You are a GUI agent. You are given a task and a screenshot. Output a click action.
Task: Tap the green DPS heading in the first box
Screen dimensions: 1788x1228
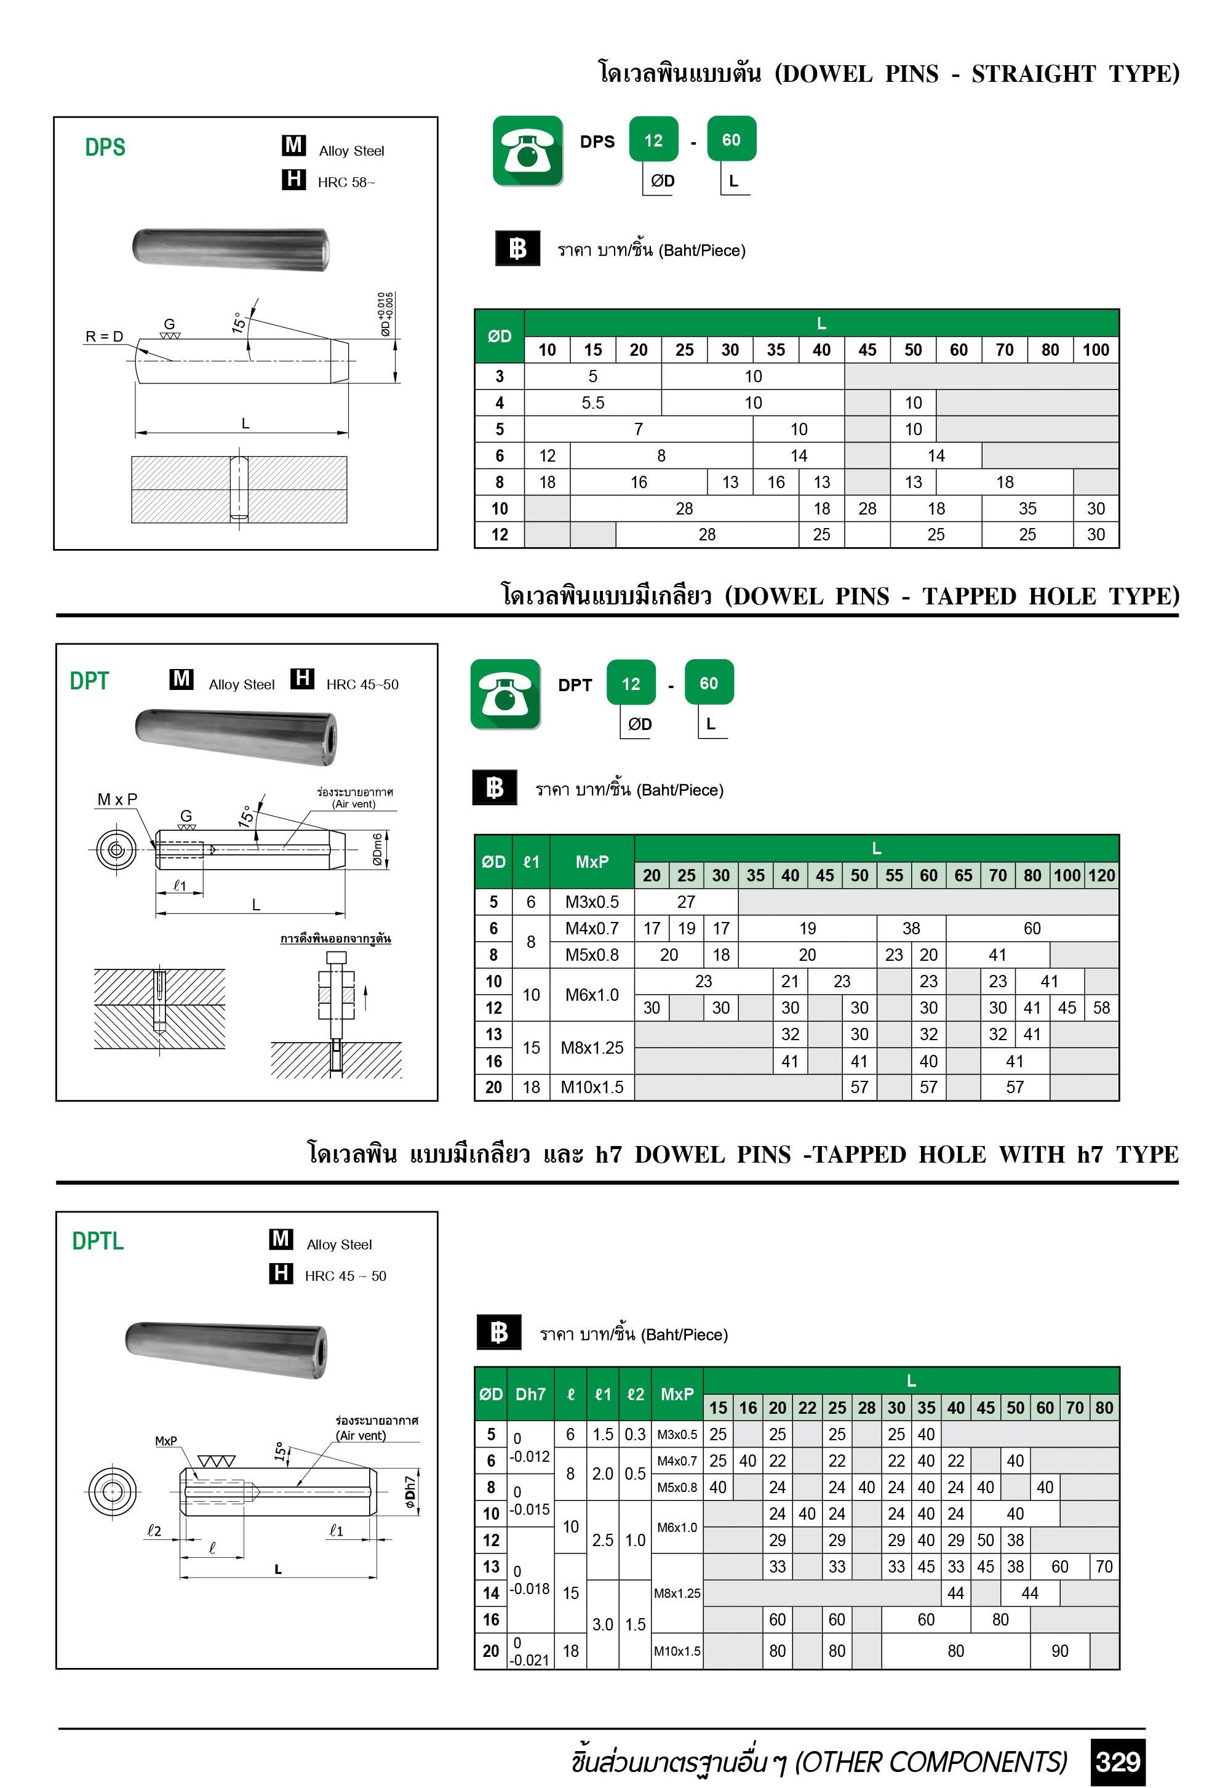[105, 147]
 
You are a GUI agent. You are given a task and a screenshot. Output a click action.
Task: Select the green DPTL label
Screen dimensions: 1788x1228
[98, 1241]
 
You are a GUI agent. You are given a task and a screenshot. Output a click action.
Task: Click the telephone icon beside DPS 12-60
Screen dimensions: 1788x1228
[528, 151]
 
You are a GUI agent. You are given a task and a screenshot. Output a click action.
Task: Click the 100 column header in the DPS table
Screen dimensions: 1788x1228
[1096, 350]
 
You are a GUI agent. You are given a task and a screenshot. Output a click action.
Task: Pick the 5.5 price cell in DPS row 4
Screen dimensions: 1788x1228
[592, 403]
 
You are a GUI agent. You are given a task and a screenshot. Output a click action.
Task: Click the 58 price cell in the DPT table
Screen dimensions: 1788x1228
[1101, 1008]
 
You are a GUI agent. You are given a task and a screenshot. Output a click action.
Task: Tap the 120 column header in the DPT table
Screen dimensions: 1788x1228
[1101, 875]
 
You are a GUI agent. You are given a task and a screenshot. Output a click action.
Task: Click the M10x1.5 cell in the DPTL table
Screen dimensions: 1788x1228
[677, 1651]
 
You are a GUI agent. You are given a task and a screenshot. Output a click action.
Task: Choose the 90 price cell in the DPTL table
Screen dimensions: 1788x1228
[1059, 1651]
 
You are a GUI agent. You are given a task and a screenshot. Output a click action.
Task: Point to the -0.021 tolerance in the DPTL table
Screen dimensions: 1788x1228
[530, 1660]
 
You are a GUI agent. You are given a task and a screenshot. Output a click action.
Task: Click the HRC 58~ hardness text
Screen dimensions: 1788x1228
[346, 182]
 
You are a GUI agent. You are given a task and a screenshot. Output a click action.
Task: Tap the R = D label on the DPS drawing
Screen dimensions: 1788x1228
[104, 336]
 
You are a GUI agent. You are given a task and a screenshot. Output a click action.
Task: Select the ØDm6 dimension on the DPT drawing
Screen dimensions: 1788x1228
[378, 850]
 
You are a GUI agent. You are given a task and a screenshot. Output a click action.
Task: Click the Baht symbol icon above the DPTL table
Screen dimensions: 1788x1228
[498, 1333]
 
